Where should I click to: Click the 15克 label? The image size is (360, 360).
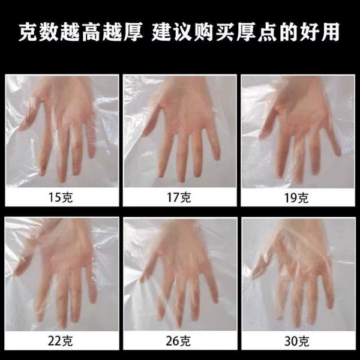(61, 197)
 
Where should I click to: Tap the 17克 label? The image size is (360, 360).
(179, 197)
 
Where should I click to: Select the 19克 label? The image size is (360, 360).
(296, 197)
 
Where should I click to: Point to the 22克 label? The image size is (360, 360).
(61, 341)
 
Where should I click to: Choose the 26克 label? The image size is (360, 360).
(178, 341)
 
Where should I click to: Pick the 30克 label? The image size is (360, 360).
(296, 341)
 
